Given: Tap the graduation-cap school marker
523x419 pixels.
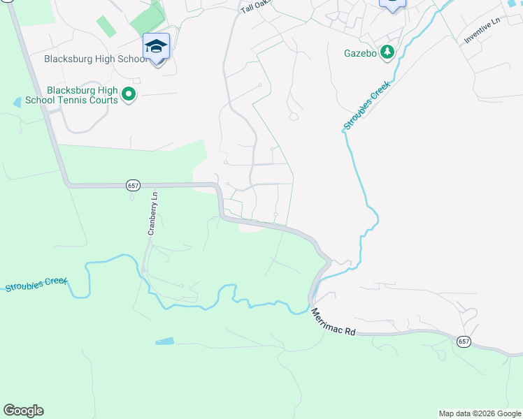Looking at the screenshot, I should coord(156,47).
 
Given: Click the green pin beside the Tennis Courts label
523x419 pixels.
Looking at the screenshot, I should coord(129,94).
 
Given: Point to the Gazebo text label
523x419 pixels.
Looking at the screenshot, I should coord(361,52).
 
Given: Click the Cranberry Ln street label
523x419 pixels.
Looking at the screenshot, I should coord(152,214).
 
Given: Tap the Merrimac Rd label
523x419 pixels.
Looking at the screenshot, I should coord(334,322).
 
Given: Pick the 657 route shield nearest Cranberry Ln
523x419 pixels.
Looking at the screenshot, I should coord(134,185).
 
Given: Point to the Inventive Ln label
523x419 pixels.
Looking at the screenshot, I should coord(483,32).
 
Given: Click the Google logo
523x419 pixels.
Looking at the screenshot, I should coord(23,411).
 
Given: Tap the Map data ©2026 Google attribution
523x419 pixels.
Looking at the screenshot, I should coord(480,413).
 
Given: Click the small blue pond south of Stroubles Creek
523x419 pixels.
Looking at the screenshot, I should coord(164,341).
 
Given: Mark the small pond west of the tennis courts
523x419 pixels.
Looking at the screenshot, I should coord(17,102).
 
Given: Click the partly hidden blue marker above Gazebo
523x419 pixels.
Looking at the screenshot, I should coord(392,4).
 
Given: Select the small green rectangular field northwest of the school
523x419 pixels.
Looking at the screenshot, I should coord(106,27).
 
